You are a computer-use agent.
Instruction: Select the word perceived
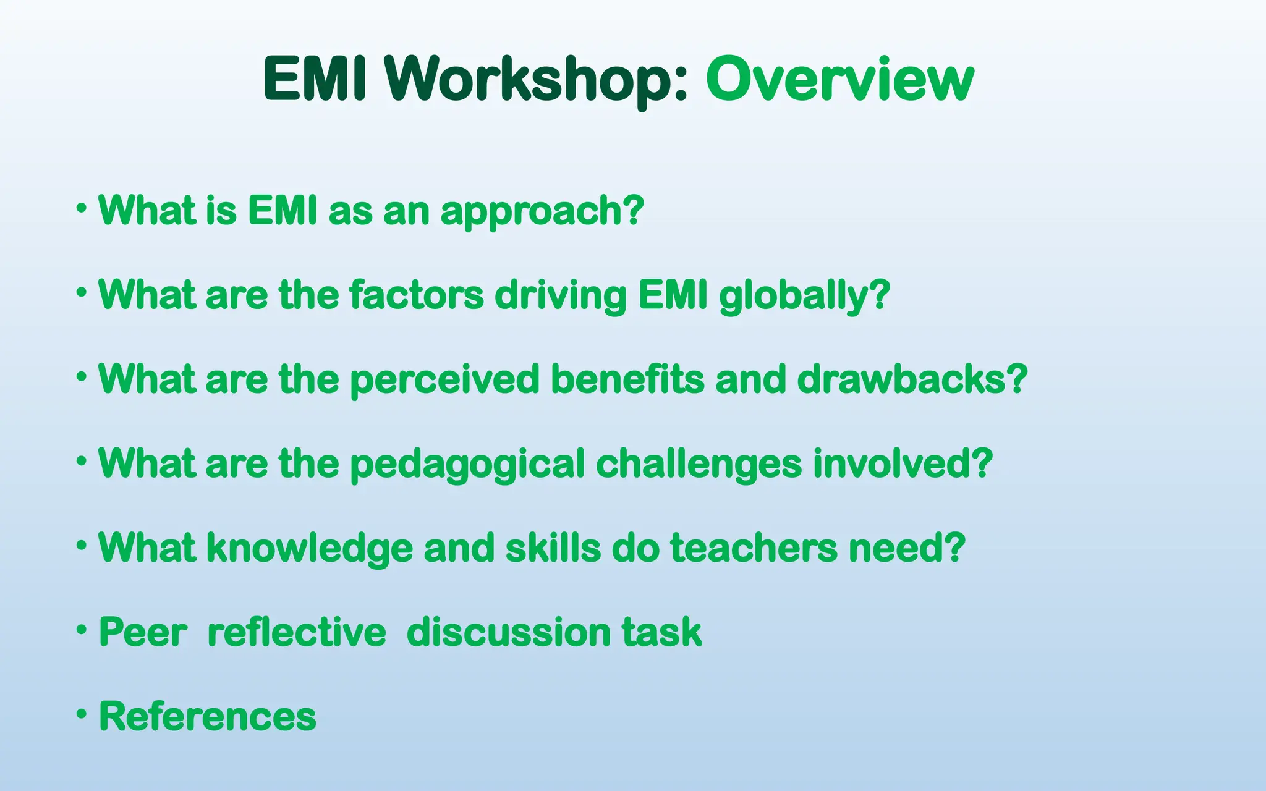tap(445, 379)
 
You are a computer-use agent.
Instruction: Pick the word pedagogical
tap(467, 464)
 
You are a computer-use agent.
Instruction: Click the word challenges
tap(699, 464)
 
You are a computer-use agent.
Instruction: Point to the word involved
tap(895, 464)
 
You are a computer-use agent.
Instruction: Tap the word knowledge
tap(309, 549)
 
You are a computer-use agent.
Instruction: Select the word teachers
tap(753, 549)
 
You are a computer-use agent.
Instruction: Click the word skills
tap(553, 549)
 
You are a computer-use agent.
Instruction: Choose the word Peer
tap(143, 633)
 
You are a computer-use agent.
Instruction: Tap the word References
tap(208, 717)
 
